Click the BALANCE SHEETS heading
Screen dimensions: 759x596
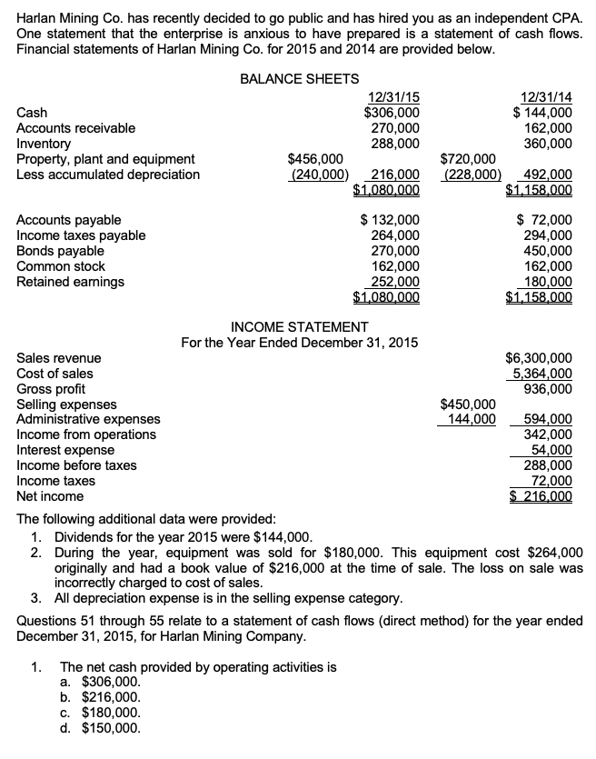(299, 79)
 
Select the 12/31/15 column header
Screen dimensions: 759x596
(392, 97)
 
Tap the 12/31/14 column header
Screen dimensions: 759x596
(545, 97)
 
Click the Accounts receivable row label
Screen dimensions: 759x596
(76, 128)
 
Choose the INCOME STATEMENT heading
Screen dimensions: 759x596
(299, 326)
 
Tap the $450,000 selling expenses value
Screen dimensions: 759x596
(468, 404)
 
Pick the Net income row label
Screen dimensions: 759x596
(51, 496)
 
